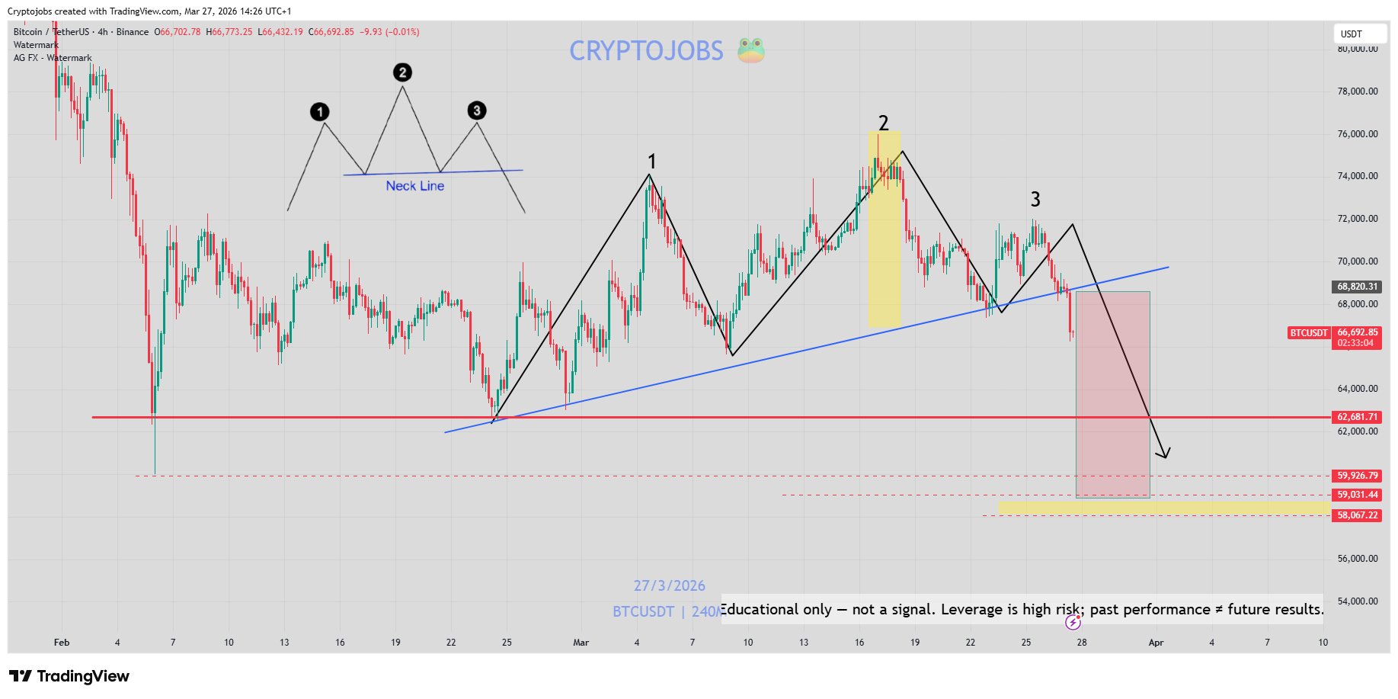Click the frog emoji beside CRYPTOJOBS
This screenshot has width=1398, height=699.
[750, 50]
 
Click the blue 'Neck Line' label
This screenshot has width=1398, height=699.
[414, 186]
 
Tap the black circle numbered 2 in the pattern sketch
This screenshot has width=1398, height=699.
[402, 72]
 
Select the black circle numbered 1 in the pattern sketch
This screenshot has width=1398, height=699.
[320, 112]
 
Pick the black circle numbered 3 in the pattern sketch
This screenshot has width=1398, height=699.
[477, 111]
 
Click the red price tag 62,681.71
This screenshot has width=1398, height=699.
[1357, 417]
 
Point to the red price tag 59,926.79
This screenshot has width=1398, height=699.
[1357, 476]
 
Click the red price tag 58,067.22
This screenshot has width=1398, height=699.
[1357, 515]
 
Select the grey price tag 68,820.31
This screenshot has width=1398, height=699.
[1357, 287]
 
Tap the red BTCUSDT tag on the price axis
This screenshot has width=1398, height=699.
[1309, 333]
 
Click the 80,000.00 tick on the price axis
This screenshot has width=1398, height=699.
[1357, 49]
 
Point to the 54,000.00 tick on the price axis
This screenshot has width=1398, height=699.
[1357, 601]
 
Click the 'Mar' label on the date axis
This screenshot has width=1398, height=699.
[581, 643]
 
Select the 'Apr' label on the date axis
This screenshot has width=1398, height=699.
[1156, 643]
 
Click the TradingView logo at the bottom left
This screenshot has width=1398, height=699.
[69, 676]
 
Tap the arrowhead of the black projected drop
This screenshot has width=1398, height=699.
[1164, 455]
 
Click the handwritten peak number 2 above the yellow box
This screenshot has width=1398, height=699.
[883, 123]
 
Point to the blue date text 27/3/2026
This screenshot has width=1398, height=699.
[669, 585]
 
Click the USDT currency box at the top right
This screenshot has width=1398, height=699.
[1359, 34]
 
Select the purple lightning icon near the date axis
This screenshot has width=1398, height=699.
[1073, 623]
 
